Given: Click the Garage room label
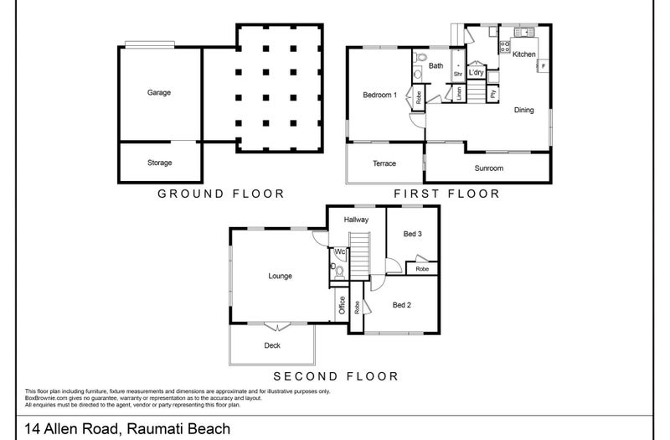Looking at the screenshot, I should [159, 92].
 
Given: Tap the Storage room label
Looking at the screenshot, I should [159, 163].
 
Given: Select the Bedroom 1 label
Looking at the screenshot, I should [379, 95].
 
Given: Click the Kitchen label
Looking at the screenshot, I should [523, 54].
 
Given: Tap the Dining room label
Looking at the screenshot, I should [523, 110].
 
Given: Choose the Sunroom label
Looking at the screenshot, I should [488, 168].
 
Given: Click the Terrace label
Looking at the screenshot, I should [384, 163].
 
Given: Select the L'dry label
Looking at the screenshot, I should [476, 73].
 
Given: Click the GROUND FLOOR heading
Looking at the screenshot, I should [221, 194].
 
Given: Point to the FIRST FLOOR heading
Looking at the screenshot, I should [446, 194].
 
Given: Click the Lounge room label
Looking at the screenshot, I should [280, 275].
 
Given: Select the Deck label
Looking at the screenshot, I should [272, 344].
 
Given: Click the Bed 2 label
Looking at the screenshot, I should [401, 304].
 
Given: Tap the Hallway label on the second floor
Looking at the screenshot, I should [356, 220].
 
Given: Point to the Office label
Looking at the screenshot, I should [342, 305].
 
